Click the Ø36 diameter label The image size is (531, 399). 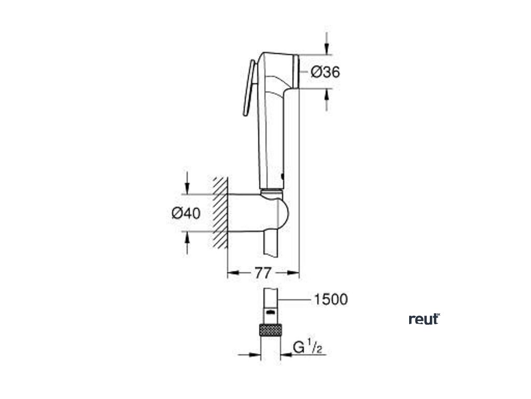(x=325, y=72)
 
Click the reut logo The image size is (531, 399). (x=424, y=319)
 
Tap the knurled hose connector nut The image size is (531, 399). (x=270, y=331)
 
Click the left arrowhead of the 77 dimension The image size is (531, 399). (x=233, y=272)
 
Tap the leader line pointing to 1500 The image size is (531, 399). (x=292, y=299)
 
